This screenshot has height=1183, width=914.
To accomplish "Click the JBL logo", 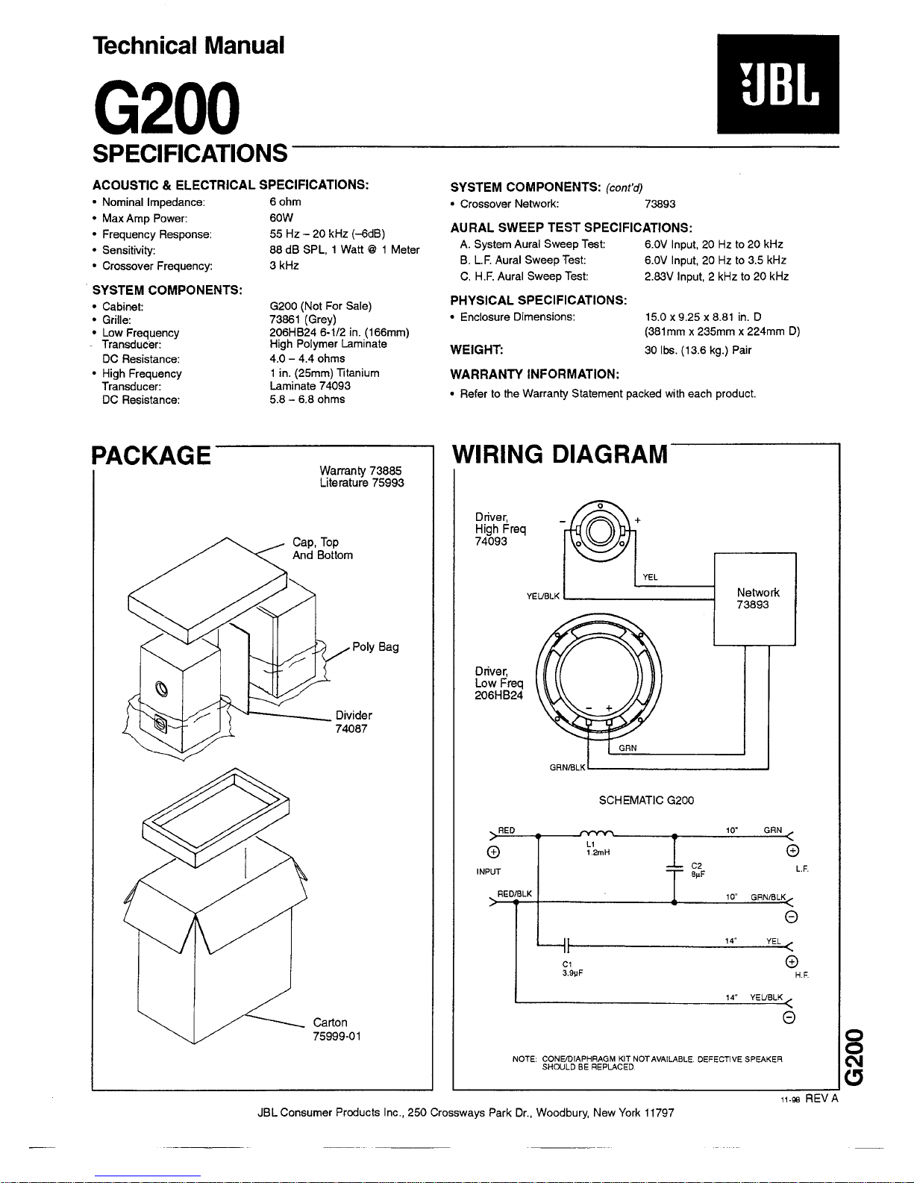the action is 778,84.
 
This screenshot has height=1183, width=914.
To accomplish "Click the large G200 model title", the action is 166,107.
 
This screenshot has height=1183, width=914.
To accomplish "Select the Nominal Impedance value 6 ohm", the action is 285,202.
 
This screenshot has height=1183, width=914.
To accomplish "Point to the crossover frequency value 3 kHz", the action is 284,265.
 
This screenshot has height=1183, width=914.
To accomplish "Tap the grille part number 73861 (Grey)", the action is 303,319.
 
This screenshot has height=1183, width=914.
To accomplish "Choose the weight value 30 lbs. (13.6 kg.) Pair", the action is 698,350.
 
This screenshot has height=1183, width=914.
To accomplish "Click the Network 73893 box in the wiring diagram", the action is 755,599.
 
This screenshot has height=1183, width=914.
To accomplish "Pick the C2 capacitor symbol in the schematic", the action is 674,868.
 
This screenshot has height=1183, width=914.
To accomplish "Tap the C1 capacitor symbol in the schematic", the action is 566,945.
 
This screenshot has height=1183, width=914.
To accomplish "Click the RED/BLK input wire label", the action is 514,894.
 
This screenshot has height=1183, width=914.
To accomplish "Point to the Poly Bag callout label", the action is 375,647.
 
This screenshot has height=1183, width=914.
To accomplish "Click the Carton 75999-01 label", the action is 337,1029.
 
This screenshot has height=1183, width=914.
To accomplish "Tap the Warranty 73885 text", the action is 360,470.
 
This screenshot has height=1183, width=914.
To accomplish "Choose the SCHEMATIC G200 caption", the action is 646,800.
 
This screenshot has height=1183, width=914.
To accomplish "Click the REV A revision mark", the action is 821,1099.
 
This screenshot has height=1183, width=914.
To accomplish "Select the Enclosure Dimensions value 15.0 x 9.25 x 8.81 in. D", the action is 703,317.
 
